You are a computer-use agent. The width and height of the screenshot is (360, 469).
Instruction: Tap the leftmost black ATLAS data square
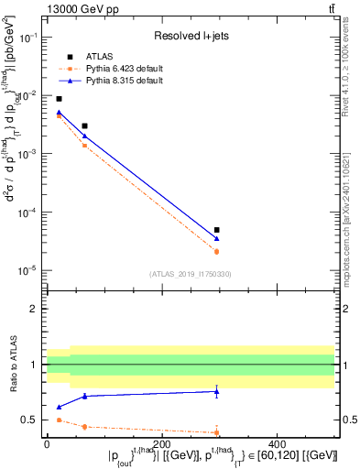[x=60, y=99]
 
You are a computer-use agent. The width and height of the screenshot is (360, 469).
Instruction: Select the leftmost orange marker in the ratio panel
[x=60, y=420]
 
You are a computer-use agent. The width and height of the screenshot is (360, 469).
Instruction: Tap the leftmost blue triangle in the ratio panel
[x=60, y=407]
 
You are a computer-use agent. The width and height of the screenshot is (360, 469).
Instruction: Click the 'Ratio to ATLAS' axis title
[x=14, y=365]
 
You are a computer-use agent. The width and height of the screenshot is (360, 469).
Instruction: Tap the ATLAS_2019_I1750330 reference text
[x=190, y=274]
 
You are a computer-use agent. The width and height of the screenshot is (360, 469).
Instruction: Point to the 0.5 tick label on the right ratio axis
[x=348, y=420]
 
